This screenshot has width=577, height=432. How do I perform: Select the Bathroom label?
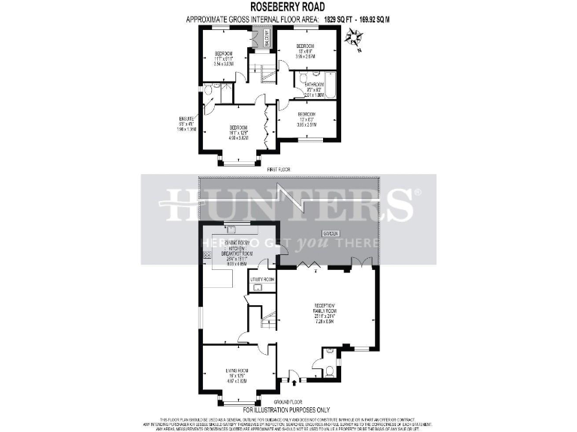(x=313, y=85)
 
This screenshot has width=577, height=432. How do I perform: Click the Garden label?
(x=331, y=233)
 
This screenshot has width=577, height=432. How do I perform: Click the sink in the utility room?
(x=258, y=286)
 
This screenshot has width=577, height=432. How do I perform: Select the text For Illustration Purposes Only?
(x=288, y=409)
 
